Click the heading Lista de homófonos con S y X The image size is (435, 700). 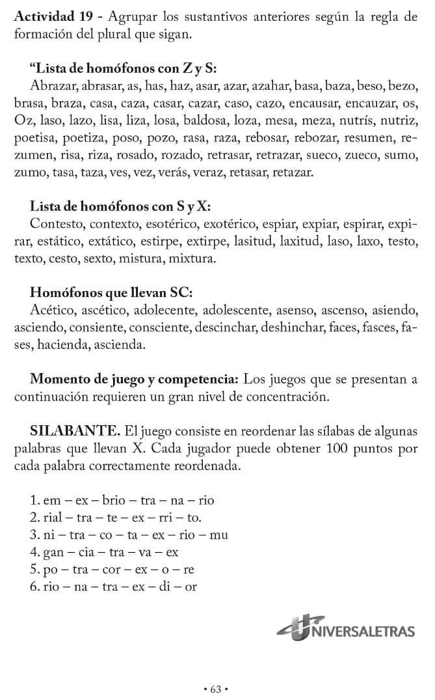(120, 206)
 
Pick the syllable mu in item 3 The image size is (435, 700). (219, 535)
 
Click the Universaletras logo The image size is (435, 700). (346, 629)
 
